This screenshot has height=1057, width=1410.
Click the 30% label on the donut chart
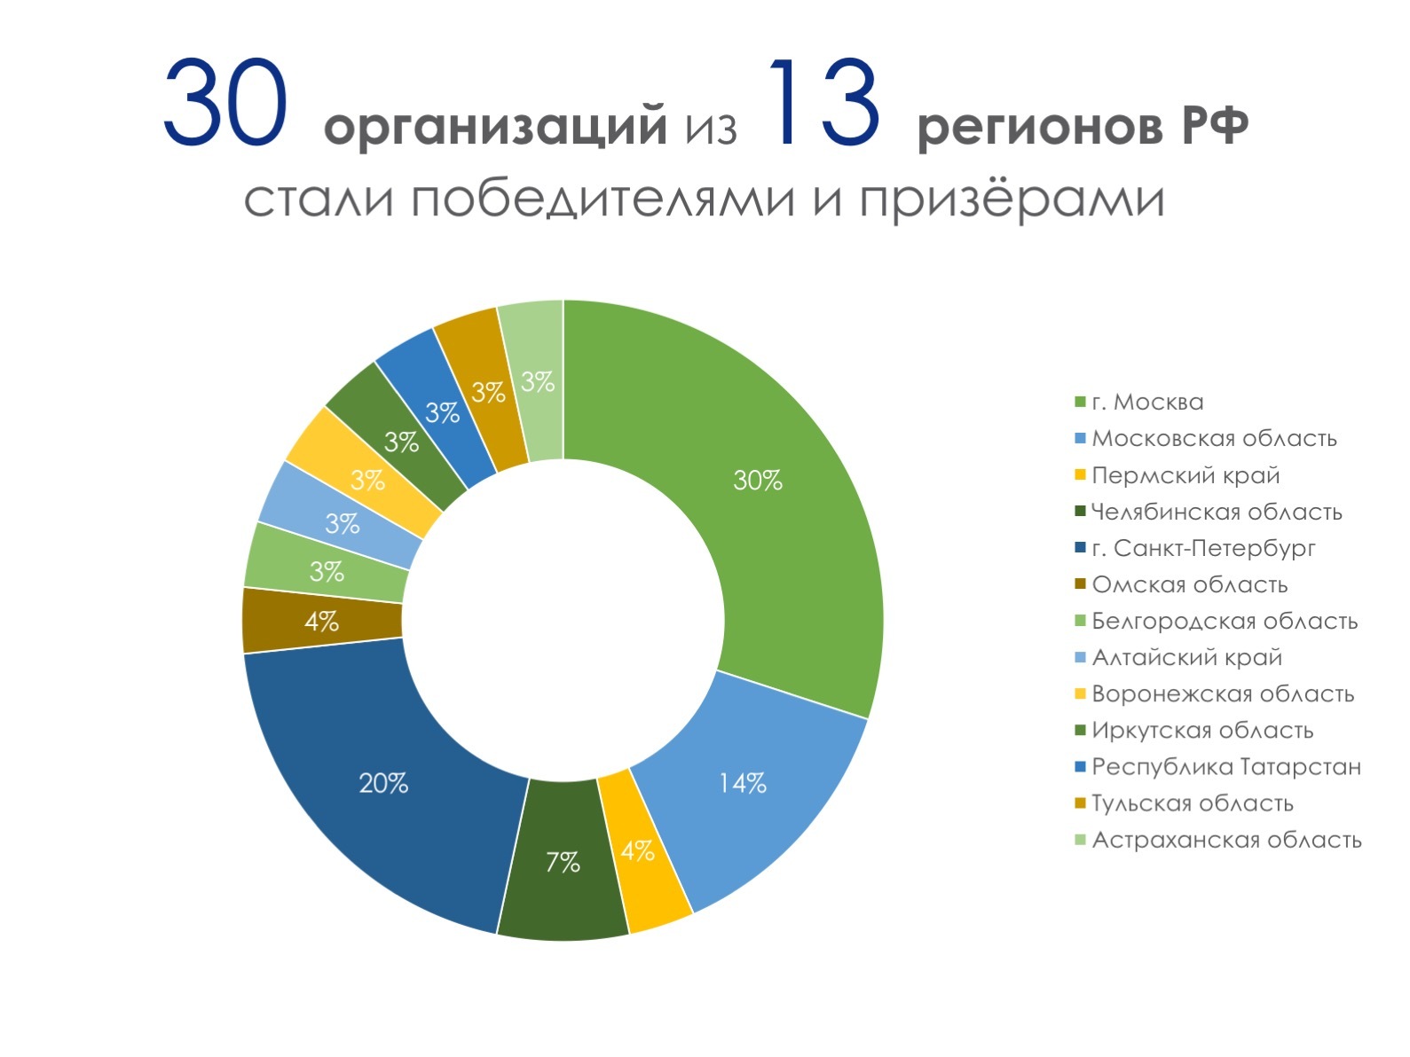click(757, 480)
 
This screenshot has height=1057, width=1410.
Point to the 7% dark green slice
click(563, 863)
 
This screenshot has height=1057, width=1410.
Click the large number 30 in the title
click(225, 103)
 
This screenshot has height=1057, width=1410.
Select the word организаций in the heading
click(496, 127)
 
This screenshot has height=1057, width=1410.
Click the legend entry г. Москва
click(1147, 402)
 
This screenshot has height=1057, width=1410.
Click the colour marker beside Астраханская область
click(1081, 840)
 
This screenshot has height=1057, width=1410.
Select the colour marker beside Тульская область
click(1081, 803)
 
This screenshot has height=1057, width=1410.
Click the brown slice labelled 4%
click(321, 621)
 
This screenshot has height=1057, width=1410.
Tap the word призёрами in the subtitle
click(1012, 200)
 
